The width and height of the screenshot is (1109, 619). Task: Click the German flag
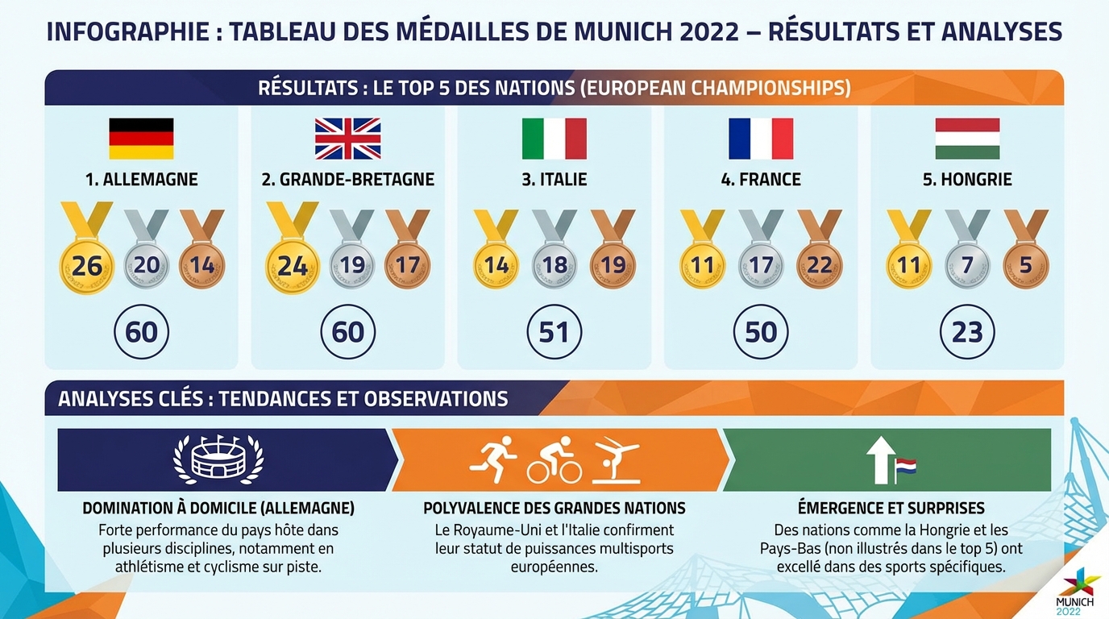pyautogui.click(x=141, y=139)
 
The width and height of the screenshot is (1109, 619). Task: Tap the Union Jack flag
pyautogui.click(x=347, y=139)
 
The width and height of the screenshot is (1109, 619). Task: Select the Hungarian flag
pyautogui.click(x=967, y=139)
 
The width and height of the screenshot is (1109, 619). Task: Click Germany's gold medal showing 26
pyautogui.click(x=87, y=265)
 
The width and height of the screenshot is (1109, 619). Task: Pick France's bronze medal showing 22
pyautogui.click(x=819, y=265)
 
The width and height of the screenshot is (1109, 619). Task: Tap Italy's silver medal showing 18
pyautogui.click(x=554, y=265)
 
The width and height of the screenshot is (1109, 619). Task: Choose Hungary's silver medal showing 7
pyautogui.click(x=967, y=265)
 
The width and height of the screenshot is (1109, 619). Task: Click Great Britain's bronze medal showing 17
pyautogui.click(x=407, y=265)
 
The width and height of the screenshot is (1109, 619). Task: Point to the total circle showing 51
pyautogui.click(x=554, y=332)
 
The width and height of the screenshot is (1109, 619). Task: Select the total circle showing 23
pyautogui.click(x=967, y=332)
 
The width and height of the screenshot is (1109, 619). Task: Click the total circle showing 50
pyautogui.click(x=761, y=332)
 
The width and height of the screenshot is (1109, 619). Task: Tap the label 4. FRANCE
pyautogui.click(x=761, y=179)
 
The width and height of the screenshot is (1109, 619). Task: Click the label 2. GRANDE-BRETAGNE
pyautogui.click(x=347, y=179)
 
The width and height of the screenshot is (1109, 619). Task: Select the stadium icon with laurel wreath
pyautogui.click(x=218, y=460)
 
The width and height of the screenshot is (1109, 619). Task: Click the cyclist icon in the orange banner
pyautogui.click(x=554, y=462)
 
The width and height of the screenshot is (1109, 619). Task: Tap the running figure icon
pyautogui.click(x=493, y=459)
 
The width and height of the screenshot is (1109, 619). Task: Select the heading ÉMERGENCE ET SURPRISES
pyautogui.click(x=891, y=509)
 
